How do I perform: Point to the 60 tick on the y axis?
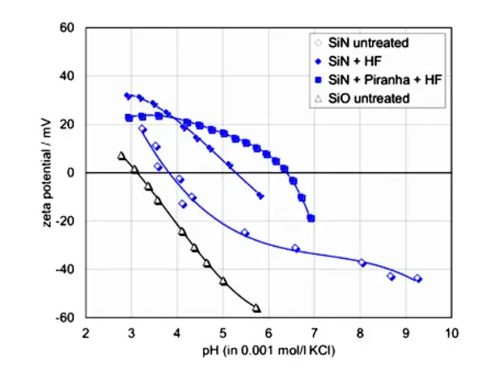(x=67, y=28)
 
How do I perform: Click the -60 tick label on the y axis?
(x=66, y=318)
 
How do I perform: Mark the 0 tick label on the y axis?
(x=70, y=173)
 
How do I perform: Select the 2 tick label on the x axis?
(x=86, y=332)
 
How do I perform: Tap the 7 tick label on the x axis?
(x=314, y=332)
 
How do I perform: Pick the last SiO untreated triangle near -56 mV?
(x=256, y=308)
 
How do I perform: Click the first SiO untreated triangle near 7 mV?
(x=121, y=155)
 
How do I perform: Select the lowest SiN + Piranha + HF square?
(x=311, y=218)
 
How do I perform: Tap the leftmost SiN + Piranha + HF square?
(x=129, y=117)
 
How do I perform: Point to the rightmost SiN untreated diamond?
(x=417, y=278)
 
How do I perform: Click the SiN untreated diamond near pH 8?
(x=362, y=263)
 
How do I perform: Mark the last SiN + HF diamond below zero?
(x=260, y=196)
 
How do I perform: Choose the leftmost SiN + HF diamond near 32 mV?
(x=127, y=95)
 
